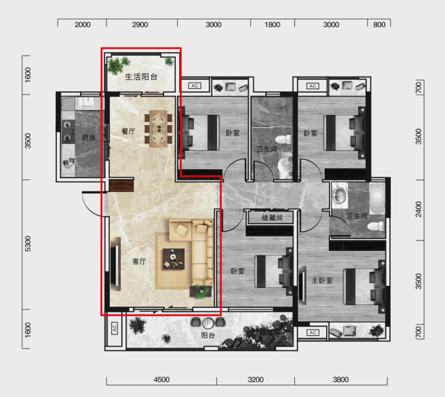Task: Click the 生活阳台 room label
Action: pyautogui.click(x=141, y=76)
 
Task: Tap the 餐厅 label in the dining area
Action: pyautogui.click(x=128, y=131)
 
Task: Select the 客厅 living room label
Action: pyautogui.click(x=139, y=261)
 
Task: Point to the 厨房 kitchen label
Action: pyautogui.click(x=88, y=138)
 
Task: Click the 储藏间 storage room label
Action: pyautogui.click(x=272, y=218)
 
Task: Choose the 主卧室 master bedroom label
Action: pyautogui.click(x=322, y=280)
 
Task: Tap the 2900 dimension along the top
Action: pyautogui.click(x=140, y=25)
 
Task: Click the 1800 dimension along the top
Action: pyautogui.click(x=272, y=25)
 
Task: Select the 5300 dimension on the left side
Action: pyautogui.click(x=28, y=243)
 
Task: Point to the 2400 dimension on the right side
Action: pyautogui.click(x=419, y=209)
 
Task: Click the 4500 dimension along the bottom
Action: pyautogui.click(x=161, y=380)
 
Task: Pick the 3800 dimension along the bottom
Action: pyautogui.click(x=341, y=380)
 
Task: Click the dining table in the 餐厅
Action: pyautogui.click(x=159, y=129)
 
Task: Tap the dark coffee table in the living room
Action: pyautogui.click(x=173, y=259)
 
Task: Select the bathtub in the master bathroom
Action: pyautogui.click(x=377, y=197)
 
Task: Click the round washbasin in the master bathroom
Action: pyautogui.click(x=339, y=194)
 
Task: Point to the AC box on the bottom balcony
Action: pyautogui.click(x=114, y=327)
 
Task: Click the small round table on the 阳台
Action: pyautogui.click(x=209, y=323)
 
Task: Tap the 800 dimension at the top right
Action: pyautogui.click(x=379, y=25)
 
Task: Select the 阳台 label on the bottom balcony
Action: pyautogui.click(x=208, y=335)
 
